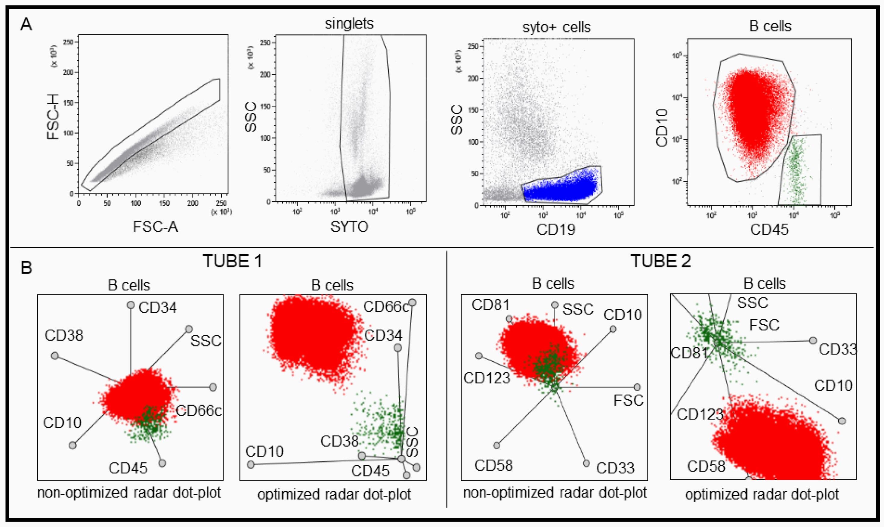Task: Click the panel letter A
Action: pyautogui.click(x=26, y=25)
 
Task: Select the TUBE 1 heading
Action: pyautogui.click(x=232, y=262)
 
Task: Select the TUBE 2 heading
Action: pyautogui.click(x=661, y=262)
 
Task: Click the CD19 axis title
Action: pyautogui.click(x=556, y=230)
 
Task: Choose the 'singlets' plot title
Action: pyautogui.click(x=349, y=24)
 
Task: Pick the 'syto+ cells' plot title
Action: pyautogui.click(x=557, y=27)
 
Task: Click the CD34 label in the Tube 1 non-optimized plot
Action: pyautogui.click(x=158, y=308)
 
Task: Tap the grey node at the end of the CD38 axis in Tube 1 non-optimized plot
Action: pyautogui.click(x=55, y=356)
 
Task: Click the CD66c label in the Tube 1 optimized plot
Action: pyautogui.click(x=386, y=307)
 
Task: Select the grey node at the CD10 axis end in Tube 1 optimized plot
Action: pyautogui.click(x=251, y=464)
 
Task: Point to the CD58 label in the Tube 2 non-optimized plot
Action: pyautogui.click(x=493, y=465)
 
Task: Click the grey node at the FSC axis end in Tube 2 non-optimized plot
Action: pyautogui.click(x=637, y=387)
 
